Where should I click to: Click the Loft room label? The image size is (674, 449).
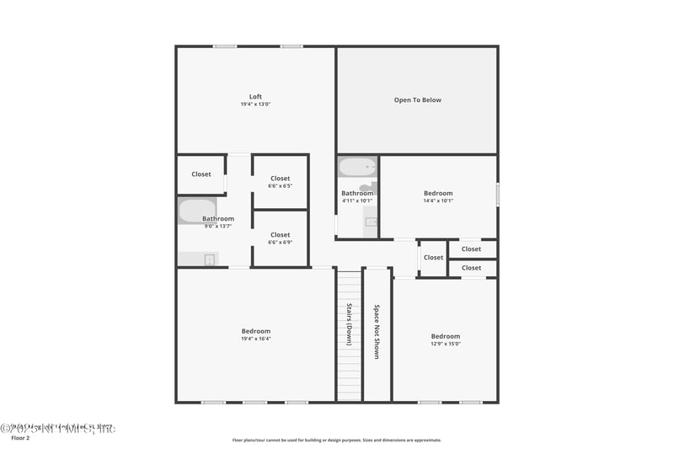click(x=255, y=96)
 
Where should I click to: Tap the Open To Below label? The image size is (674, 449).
click(x=417, y=100)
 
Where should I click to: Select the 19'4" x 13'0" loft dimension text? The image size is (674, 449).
click(x=255, y=104)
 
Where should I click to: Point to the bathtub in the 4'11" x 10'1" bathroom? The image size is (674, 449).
click(x=358, y=167)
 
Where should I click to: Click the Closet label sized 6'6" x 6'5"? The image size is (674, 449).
click(x=280, y=179)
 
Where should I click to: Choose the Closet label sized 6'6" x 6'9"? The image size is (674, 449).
click(x=280, y=235)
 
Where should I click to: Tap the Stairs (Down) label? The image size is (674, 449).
click(x=349, y=324)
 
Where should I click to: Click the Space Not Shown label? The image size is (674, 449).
click(x=377, y=331)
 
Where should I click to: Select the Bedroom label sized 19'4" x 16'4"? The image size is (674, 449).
click(x=255, y=331)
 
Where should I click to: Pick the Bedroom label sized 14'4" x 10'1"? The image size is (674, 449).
click(x=438, y=193)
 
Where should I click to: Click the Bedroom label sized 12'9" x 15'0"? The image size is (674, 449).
click(x=446, y=336)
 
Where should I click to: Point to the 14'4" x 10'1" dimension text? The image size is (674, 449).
click(x=438, y=200)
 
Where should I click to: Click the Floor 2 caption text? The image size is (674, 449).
click(x=19, y=438)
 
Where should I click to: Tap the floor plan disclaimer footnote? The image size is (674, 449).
click(x=337, y=440)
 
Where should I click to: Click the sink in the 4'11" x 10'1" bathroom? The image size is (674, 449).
click(x=371, y=222)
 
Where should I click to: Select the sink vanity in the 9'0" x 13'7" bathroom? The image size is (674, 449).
click(x=199, y=259)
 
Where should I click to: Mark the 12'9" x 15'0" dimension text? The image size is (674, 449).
click(x=446, y=344)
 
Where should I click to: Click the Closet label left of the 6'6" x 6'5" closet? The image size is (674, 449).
click(x=201, y=174)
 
